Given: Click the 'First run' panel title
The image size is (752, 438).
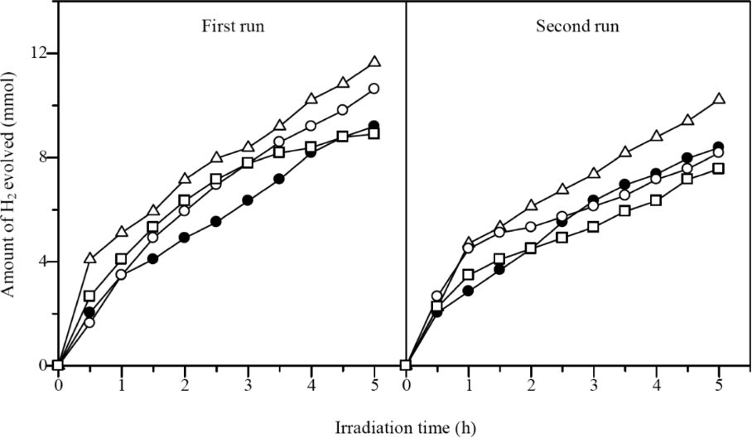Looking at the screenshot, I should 239,26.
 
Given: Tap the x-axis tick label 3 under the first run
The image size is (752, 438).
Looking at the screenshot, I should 248,385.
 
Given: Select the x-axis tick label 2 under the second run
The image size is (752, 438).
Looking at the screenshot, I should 532,385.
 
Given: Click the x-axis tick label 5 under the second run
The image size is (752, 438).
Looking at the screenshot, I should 719,385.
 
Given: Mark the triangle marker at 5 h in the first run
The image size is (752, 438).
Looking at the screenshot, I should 374,61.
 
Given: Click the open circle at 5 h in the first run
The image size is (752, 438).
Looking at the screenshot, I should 374,88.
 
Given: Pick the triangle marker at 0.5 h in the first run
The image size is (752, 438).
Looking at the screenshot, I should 89,258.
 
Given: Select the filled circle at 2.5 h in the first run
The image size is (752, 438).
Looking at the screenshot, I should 216,221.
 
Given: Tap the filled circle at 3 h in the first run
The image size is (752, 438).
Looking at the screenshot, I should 248,200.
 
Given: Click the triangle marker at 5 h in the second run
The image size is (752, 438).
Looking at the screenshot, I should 719,99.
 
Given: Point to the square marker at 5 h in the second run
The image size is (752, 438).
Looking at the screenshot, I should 719,168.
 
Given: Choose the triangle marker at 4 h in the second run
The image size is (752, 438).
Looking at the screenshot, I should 657,136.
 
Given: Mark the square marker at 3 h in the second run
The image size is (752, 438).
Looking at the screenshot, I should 594,226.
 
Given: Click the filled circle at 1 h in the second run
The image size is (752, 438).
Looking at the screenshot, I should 469,291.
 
